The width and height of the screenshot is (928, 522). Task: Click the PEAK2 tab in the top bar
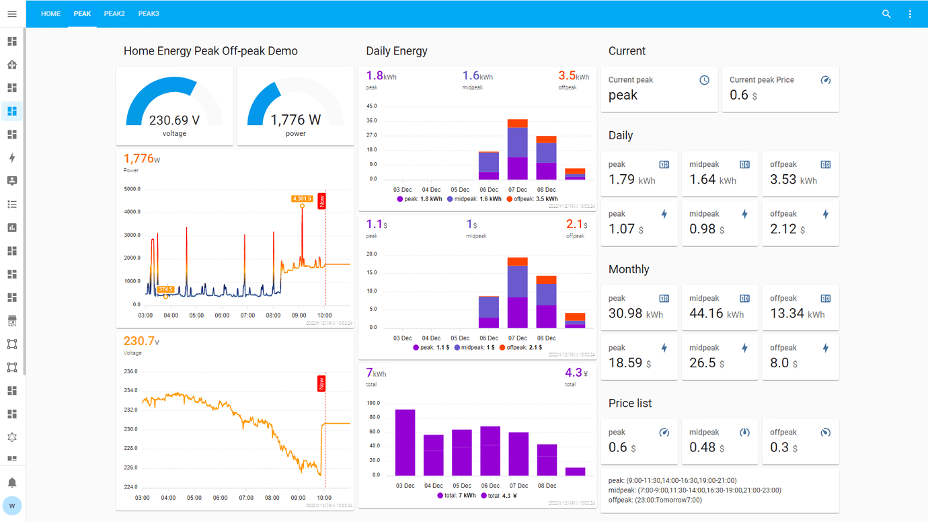coord(114,13)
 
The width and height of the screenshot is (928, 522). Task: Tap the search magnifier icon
coord(886,13)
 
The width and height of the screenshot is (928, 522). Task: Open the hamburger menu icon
coord(12,13)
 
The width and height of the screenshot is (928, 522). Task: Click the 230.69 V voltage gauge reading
coord(174,120)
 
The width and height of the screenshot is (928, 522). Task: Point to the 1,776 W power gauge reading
coord(295,120)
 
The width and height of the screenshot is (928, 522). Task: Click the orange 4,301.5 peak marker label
coord(302,198)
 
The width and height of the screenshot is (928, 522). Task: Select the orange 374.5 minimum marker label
coord(165,290)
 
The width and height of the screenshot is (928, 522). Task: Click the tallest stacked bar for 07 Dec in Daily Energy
coord(517,151)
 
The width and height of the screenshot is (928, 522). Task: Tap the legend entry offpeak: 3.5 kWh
coord(532,199)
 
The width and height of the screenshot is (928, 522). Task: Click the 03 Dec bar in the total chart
coord(405,442)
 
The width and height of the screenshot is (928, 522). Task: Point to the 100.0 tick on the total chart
coord(373,403)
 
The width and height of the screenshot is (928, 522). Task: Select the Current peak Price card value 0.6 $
coord(744,96)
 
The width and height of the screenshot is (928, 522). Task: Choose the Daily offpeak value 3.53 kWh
coord(798,180)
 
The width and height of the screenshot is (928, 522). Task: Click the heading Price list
coord(629,403)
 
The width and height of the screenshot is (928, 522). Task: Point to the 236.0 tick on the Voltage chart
coord(130,371)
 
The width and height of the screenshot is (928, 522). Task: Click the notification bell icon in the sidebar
coord(12,482)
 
